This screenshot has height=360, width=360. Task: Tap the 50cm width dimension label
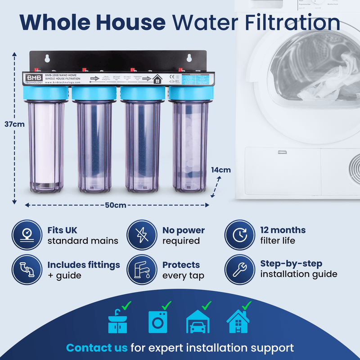[116, 205]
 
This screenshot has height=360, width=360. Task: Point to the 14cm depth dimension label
[221, 170]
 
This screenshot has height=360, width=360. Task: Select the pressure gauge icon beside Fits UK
[27, 235]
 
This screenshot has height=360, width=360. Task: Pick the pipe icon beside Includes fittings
[27, 270]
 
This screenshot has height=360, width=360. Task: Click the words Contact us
[97, 348]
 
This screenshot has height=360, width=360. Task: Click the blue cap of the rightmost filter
[189, 93]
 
